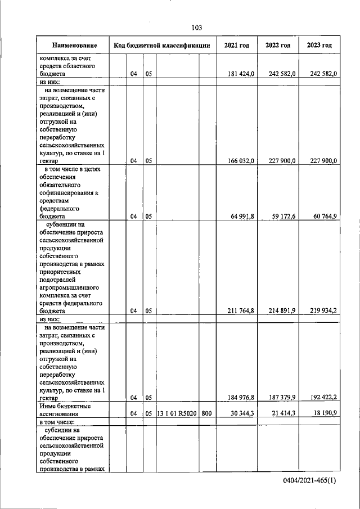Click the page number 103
(196, 28)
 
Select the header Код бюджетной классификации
(162, 46)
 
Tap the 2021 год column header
(236, 46)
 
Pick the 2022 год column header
(278, 46)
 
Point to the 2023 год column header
(319, 46)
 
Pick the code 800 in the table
(206, 413)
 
